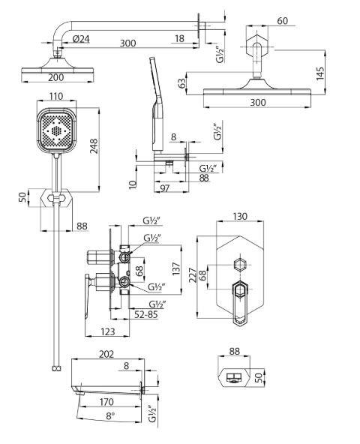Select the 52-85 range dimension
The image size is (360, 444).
pyautogui.click(x=145, y=315)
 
